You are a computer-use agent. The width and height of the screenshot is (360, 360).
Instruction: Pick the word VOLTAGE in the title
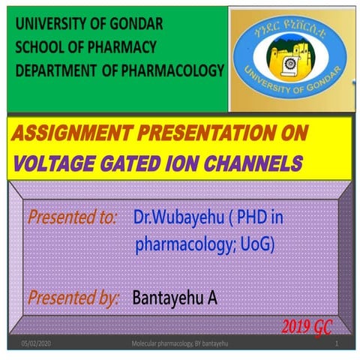click(51, 163)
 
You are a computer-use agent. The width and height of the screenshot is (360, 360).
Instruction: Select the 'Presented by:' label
click(74, 298)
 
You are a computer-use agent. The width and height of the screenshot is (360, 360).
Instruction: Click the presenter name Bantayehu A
click(175, 298)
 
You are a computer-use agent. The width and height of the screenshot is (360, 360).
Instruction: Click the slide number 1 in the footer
click(338, 343)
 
